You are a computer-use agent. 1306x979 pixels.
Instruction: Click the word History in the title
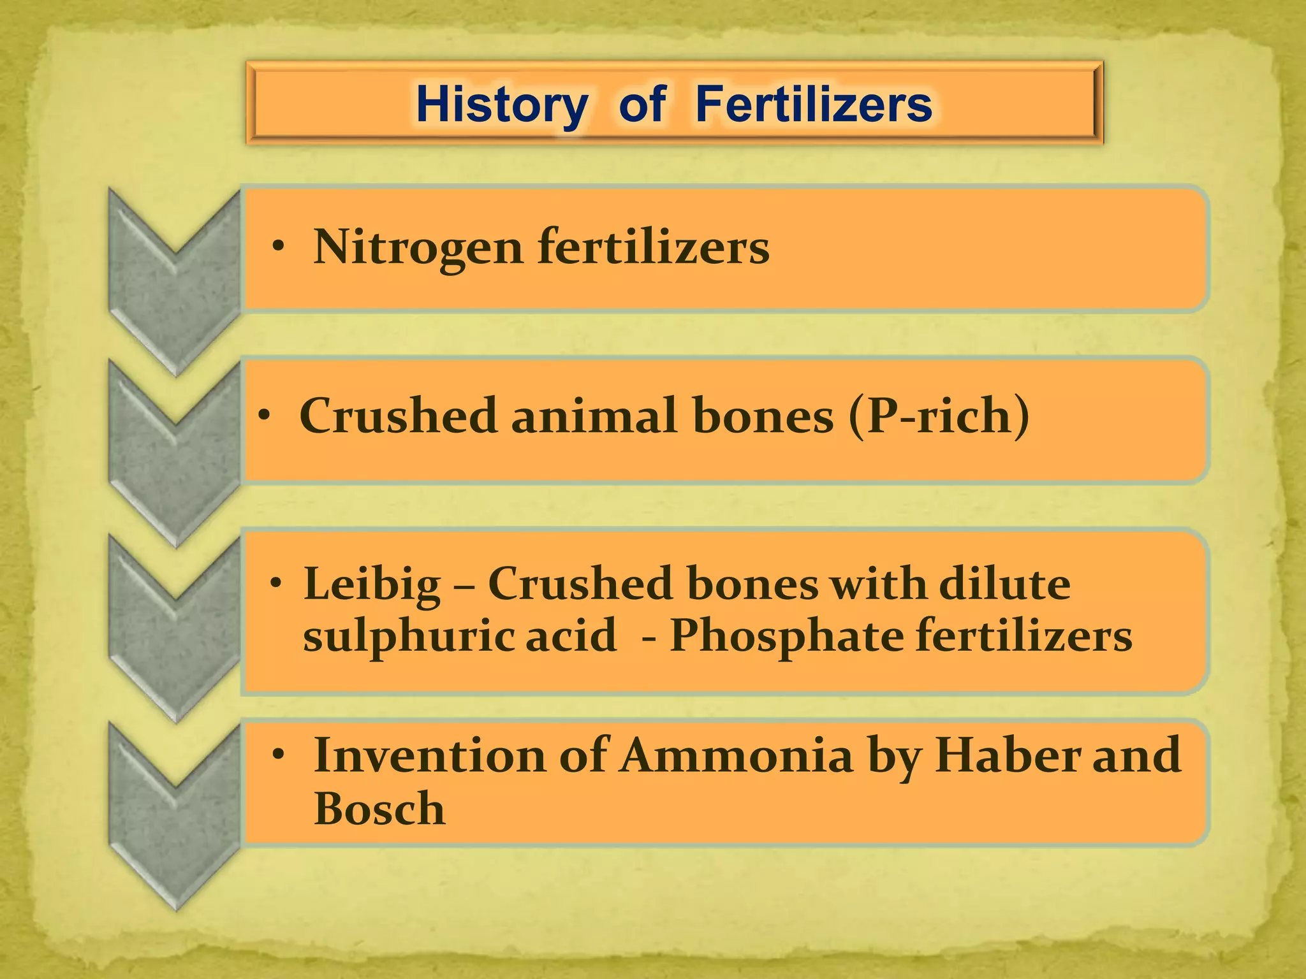pos(501,105)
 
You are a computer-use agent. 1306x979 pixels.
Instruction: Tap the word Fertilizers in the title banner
pos(814,105)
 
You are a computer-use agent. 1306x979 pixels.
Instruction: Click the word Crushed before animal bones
pos(398,416)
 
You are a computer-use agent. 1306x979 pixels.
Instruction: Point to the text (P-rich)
pos(939,416)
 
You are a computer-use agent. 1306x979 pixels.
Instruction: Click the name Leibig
pos(372,584)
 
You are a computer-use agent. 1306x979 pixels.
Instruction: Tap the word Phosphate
pos(785,636)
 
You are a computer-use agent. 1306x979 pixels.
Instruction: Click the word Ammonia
pos(737,755)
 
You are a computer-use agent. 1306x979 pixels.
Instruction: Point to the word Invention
pos(430,755)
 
